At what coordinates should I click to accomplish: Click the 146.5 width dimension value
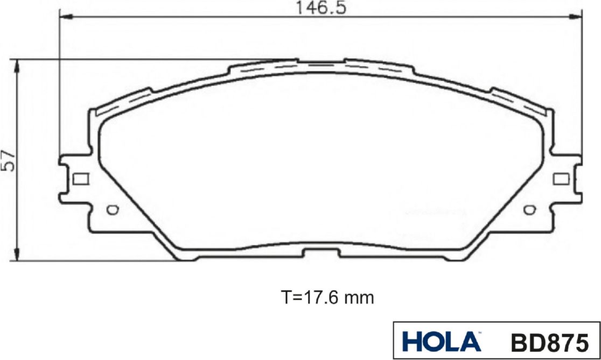point(321,8)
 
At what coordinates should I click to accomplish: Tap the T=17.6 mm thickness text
point(327,297)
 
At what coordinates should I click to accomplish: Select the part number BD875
point(549,342)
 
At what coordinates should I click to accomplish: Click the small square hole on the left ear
point(80,179)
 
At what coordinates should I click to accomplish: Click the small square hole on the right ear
point(561,179)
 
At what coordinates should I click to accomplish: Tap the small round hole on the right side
point(529,209)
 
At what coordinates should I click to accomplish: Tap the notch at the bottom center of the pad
point(322,253)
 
